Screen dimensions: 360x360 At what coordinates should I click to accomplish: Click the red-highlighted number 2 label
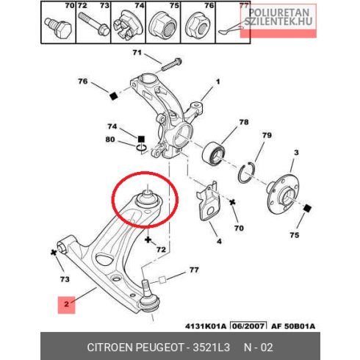click(66, 305)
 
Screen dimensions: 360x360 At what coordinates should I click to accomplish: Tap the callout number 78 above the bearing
click(244, 122)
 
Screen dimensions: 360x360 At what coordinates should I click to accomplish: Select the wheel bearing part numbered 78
click(213, 154)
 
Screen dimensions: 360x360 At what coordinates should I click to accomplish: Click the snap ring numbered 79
click(246, 173)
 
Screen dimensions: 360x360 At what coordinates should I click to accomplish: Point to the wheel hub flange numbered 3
click(284, 192)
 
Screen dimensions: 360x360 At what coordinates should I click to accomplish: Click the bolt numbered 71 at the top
click(172, 64)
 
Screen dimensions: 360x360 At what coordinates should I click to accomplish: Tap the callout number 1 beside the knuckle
click(217, 82)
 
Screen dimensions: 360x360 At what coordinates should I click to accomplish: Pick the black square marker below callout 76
click(113, 96)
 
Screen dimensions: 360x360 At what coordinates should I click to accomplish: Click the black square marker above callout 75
click(307, 209)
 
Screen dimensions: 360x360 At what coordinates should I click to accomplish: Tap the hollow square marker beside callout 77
click(162, 280)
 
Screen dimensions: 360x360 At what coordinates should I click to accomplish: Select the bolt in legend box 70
click(58, 27)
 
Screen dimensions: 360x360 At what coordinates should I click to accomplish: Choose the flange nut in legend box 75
click(163, 24)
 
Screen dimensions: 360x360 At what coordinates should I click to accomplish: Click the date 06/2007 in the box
click(249, 326)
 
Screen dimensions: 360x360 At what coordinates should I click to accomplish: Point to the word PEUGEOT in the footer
click(159, 348)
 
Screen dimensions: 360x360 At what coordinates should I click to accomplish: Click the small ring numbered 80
click(142, 148)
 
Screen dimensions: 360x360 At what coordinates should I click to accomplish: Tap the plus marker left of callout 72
click(148, 240)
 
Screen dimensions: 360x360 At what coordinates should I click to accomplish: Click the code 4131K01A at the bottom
click(206, 326)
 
